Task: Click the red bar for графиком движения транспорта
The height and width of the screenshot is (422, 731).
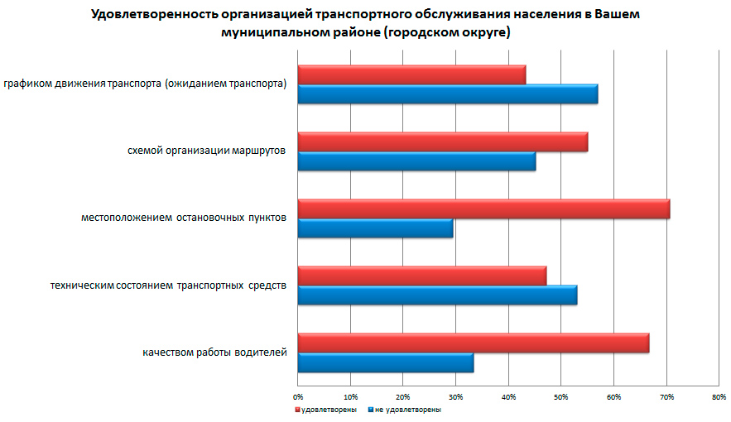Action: coord(411,75)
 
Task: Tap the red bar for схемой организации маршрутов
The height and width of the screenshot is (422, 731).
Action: coord(442,141)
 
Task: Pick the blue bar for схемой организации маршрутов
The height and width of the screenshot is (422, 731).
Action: coord(416,161)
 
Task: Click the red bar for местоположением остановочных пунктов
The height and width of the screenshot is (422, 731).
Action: coord(483,209)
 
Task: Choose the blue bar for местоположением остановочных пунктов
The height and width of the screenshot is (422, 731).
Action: coord(375,228)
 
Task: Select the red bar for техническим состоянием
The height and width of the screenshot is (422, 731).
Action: coord(421,276)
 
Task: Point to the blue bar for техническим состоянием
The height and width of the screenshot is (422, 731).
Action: coord(437,295)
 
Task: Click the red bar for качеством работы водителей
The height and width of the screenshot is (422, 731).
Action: coord(473,343)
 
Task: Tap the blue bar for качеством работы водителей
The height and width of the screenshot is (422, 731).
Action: coord(385,362)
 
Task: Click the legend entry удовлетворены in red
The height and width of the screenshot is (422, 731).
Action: coord(328,410)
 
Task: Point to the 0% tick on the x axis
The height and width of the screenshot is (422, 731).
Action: coord(298,397)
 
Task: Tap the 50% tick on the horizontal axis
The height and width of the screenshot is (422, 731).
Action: coord(560,397)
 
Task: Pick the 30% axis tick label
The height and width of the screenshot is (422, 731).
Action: coord(455,397)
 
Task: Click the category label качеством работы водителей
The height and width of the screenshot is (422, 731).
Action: coord(214,353)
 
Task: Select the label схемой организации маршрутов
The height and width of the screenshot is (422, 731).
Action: coord(207,151)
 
